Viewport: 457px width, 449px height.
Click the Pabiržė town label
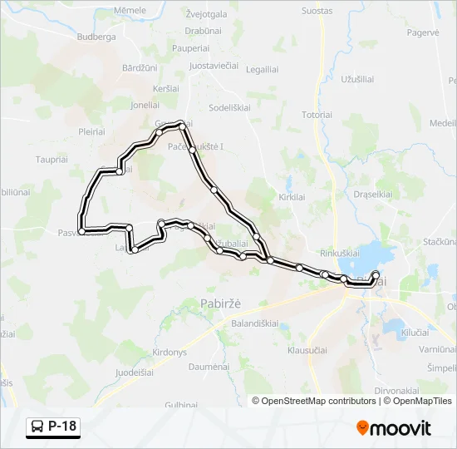(x=220, y=303)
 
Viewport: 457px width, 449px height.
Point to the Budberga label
(x=96, y=38)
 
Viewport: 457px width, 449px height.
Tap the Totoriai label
(x=317, y=114)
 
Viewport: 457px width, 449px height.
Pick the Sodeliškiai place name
(x=236, y=108)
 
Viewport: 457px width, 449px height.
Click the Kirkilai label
(x=292, y=196)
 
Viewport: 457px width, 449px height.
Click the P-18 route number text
(x=62, y=427)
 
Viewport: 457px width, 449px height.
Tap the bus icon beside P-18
(x=38, y=427)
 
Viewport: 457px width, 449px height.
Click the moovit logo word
(x=401, y=429)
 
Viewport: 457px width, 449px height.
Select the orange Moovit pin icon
(x=362, y=428)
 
